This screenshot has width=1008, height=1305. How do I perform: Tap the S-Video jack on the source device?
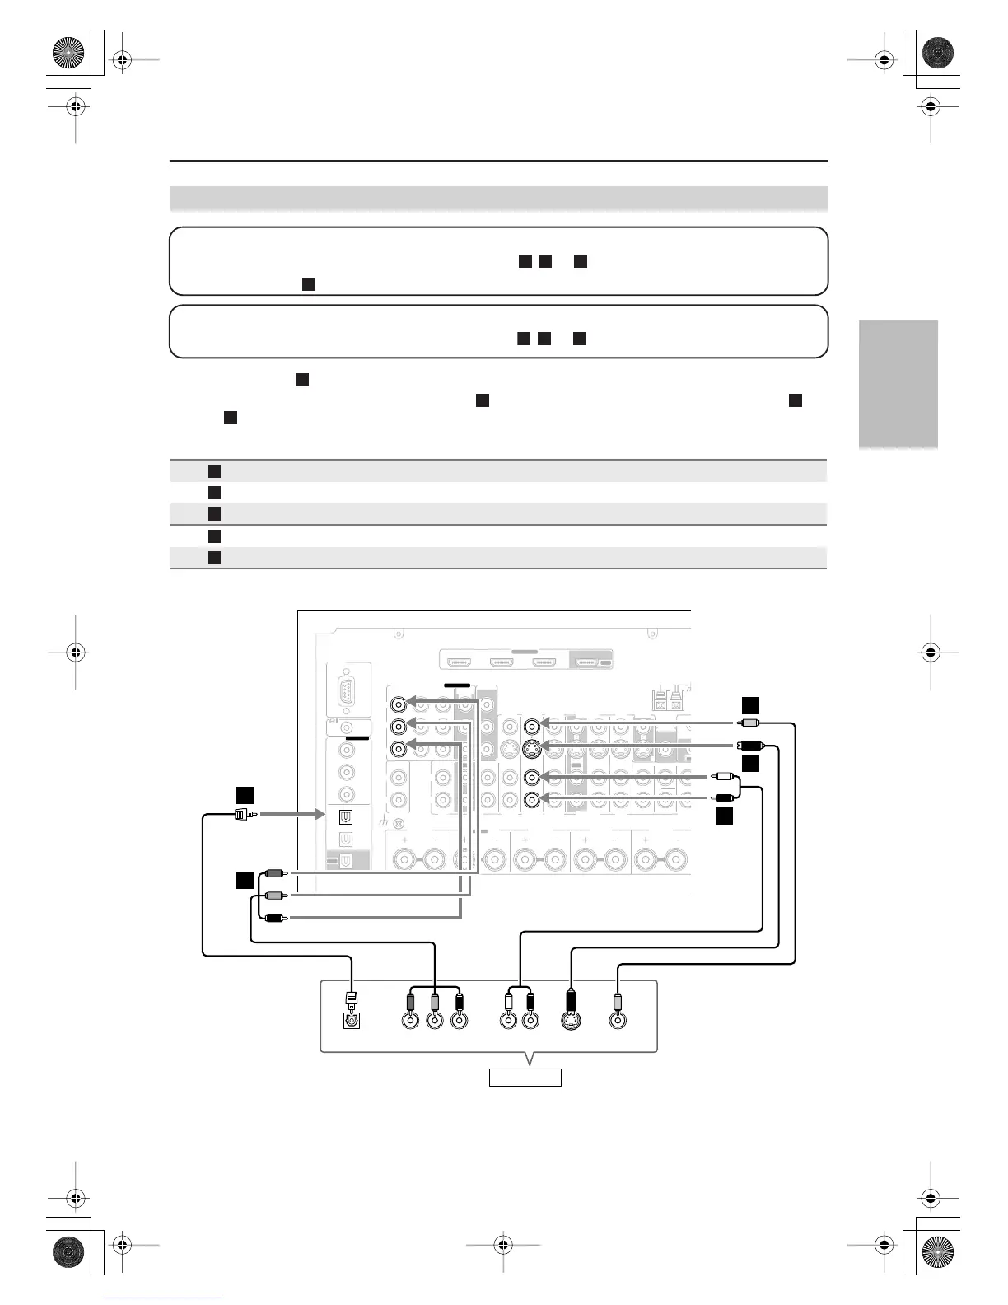[x=570, y=1020]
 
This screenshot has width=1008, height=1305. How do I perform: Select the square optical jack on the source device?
[x=352, y=1020]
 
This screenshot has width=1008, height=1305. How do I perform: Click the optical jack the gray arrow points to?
[x=347, y=816]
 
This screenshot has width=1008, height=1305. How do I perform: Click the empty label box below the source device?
[x=525, y=1077]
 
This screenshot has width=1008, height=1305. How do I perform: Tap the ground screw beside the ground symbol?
[x=399, y=823]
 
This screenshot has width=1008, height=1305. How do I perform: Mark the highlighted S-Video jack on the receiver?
[x=533, y=749]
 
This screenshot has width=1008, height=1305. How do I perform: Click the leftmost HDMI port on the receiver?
[x=458, y=662]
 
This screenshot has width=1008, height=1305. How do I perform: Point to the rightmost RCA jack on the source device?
[x=618, y=1020]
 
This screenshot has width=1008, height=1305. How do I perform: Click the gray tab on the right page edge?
[x=898, y=384]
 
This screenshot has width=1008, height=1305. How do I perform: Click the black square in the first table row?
[x=214, y=470]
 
